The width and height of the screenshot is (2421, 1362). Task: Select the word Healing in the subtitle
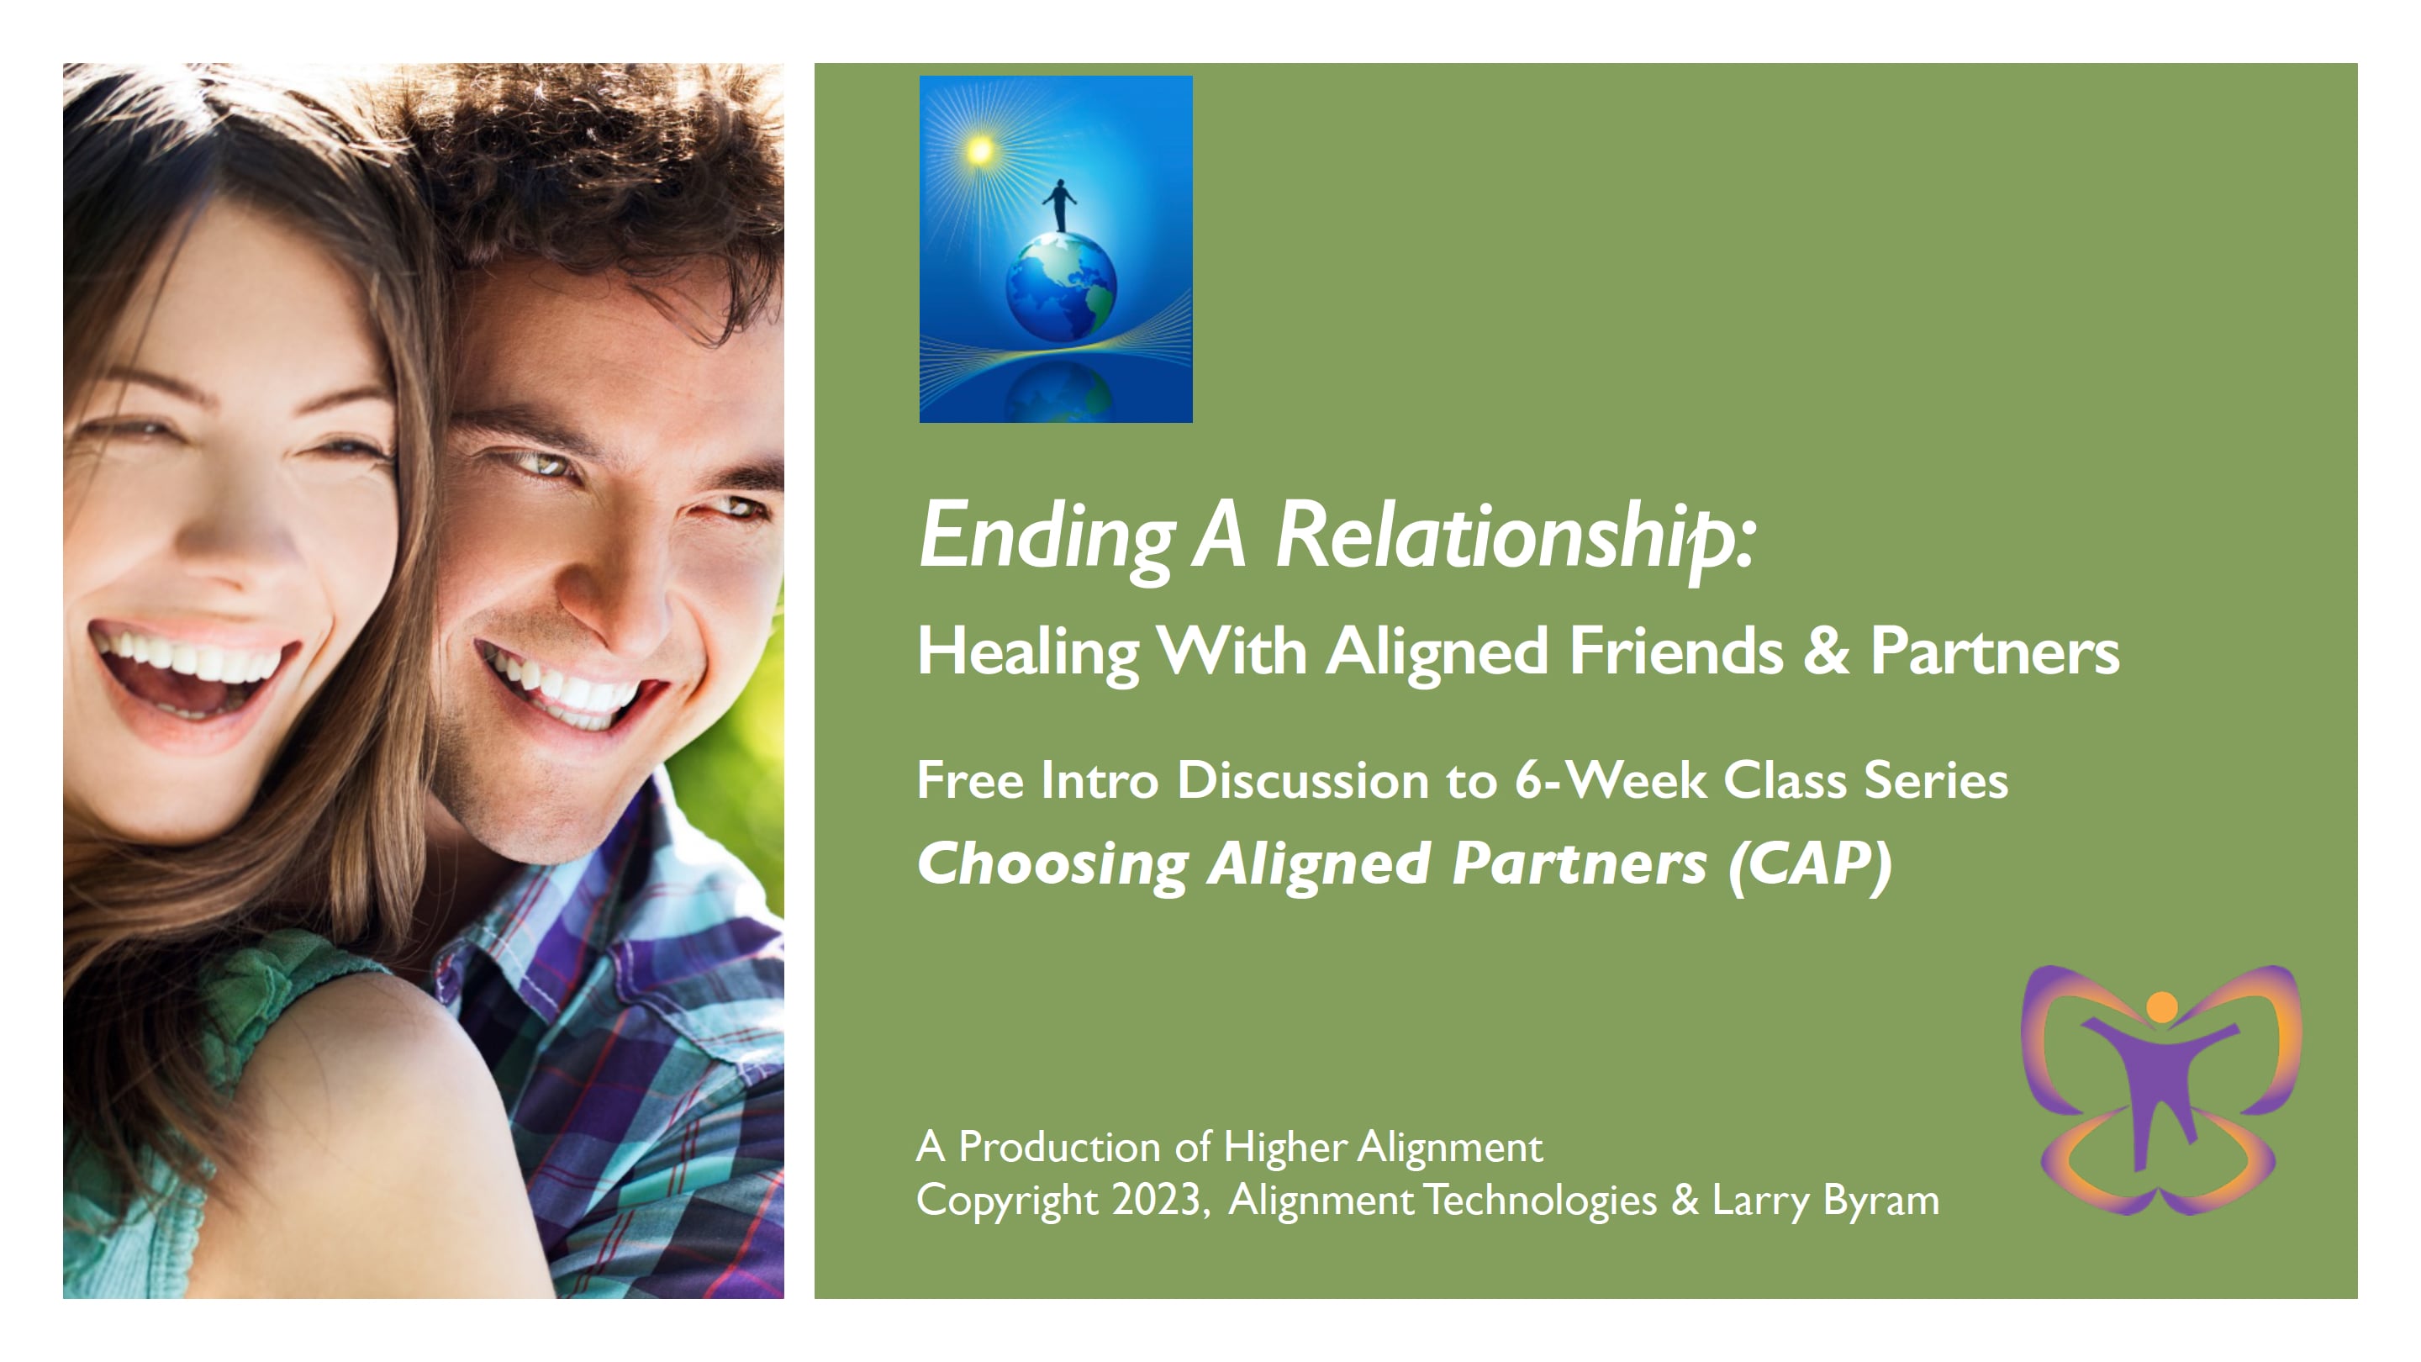pos(1028,652)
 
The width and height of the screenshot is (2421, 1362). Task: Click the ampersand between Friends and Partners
pos(1825,651)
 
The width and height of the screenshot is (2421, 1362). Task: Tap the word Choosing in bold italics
pos(1052,866)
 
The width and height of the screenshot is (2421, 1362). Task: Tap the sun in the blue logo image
pos(979,150)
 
